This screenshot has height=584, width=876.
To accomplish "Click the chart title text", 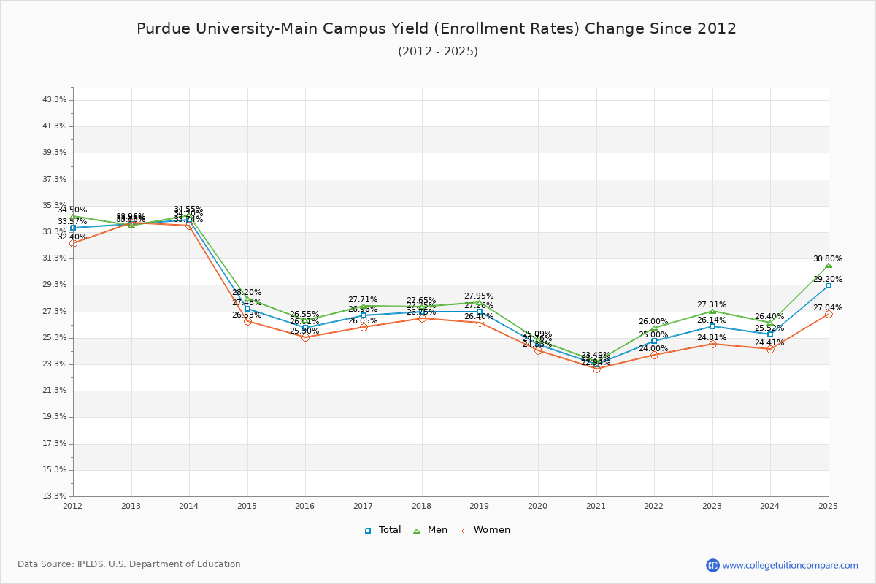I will [x=437, y=28].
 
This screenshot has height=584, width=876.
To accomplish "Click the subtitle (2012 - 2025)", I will [x=438, y=52].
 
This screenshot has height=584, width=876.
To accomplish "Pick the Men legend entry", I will [x=431, y=530].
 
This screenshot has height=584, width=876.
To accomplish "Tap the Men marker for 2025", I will [x=828, y=265].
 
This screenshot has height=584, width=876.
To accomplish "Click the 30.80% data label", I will [x=828, y=258].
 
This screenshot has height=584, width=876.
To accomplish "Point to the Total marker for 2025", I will [x=828, y=285].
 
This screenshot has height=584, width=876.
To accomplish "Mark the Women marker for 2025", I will [x=828, y=314].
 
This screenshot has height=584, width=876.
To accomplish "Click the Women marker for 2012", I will [x=73, y=243].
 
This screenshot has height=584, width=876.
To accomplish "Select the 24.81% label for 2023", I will [x=712, y=337].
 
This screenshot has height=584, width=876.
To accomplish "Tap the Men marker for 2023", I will [x=712, y=311].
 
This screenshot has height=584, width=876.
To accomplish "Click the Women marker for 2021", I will [x=596, y=369].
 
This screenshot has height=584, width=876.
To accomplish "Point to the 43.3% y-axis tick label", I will [x=55, y=99].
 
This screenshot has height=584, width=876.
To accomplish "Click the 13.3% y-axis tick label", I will [x=55, y=496].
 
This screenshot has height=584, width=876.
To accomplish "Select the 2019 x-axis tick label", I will [x=480, y=506].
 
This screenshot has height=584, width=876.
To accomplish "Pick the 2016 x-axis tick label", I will [x=305, y=506].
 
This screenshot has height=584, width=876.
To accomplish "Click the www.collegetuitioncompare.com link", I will [x=790, y=565].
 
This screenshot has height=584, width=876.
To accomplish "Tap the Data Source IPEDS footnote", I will [x=129, y=564].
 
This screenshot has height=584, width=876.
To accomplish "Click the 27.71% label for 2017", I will [x=363, y=299].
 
